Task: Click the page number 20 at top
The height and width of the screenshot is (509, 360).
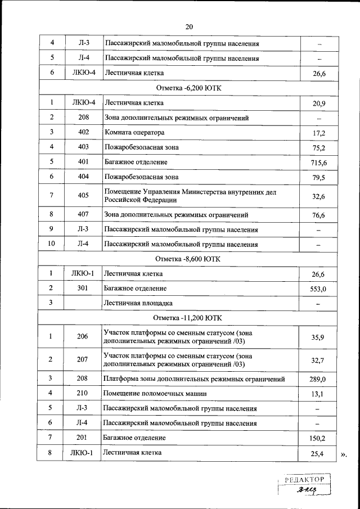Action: [x=188, y=26]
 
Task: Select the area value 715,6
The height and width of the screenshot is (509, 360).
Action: [x=318, y=163]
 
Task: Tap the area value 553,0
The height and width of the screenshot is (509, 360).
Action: [x=318, y=289]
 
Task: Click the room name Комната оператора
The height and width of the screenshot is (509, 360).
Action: [x=134, y=133]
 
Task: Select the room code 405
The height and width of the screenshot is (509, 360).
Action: [x=83, y=195]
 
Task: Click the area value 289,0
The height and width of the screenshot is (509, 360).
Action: [x=318, y=379]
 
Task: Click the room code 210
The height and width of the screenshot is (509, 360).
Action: [x=83, y=393]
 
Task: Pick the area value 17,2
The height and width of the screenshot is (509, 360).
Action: [x=318, y=133]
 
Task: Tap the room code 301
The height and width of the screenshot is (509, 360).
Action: [x=83, y=289]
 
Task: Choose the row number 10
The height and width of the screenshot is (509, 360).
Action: [x=51, y=244]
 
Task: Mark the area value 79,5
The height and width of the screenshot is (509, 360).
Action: [x=318, y=177]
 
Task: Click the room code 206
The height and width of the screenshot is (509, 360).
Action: [x=83, y=337]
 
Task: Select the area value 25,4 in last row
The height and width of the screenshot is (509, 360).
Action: [x=318, y=453]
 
